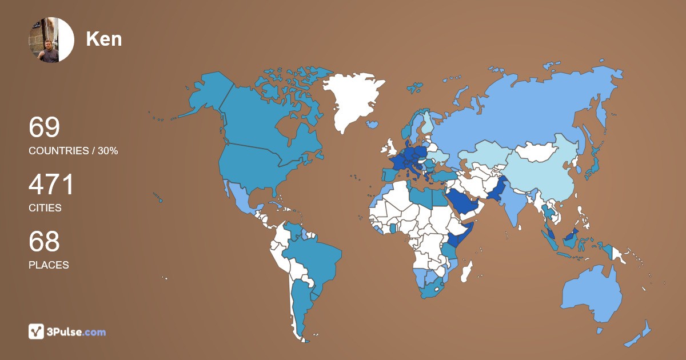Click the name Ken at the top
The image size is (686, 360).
pyautogui.click(x=103, y=39)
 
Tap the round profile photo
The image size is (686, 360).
pyautogui.click(x=51, y=39)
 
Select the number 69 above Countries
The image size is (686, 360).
pyautogui.click(x=44, y=127)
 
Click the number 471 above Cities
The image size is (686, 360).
pyautogui.click(x=51, y=185)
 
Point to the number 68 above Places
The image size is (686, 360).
pyautogui.click(x=44, y=242)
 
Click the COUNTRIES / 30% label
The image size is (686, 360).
pyautogui.click(x=73, y=151)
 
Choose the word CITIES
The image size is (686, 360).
pyautogui.click(x=45, y=208)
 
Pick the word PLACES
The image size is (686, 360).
pyautogui.click(x=49, y=265)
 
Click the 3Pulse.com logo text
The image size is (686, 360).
pyautogui.click(x=75, y=331)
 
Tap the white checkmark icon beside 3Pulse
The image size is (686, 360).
pyautogui.click(x=37, y=331)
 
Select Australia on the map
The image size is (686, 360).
pyautogui.click(x=592, y=294)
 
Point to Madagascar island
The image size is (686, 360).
pyautogui.click(x=467, y=270)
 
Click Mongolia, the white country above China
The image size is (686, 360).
pyautogui.click(x=537, y=151)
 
